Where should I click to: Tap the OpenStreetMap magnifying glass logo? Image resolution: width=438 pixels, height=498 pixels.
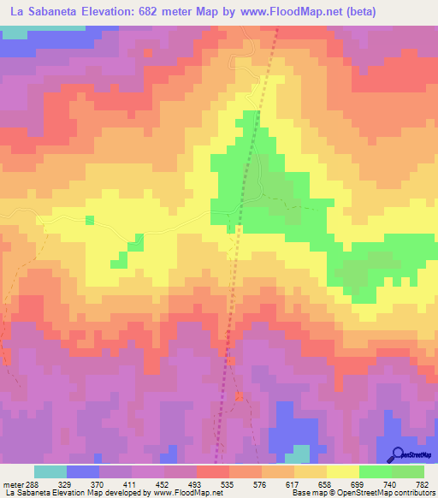pyautogui.click(x=396, y=454)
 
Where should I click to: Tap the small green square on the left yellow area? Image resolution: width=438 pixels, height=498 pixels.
pyautogui.click(x=89, y=221)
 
